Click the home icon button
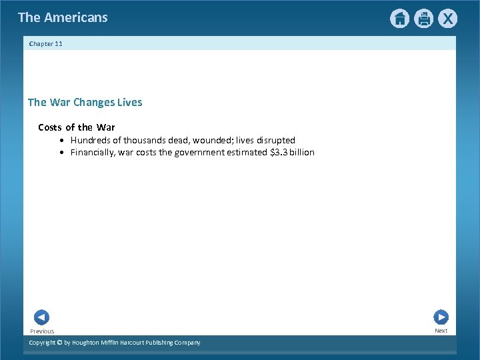coord(399,19)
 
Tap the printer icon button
coord(423,19)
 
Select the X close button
coord(447,19)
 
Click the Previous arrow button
coord(41,318)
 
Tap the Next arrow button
coord(441,317)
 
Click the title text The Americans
coord(63,17)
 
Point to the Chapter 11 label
coord(46,44)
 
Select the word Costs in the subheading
coord(50,127)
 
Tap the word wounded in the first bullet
coord(211,140)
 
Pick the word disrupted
coord(275,140)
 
